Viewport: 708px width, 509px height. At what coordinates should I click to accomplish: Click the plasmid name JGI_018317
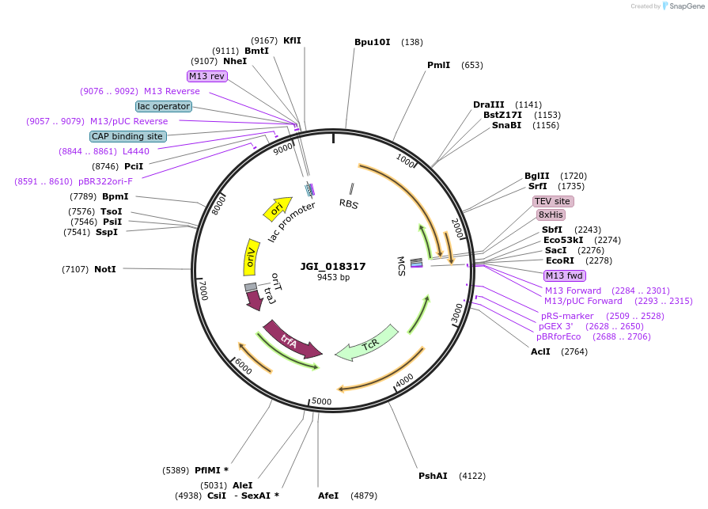pyautogui.click(x=333, y=267)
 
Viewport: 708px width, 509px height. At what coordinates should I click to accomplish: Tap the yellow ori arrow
pyautogui.click(x=277, y=209)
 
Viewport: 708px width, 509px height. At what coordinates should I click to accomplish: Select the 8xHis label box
pyautogui.click(x=551, y=215)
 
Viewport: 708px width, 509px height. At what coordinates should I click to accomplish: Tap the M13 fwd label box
pyautogui.click(x=565, y=275)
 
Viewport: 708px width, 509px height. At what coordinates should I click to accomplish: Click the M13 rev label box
pyautogui.click(x=207, y=76)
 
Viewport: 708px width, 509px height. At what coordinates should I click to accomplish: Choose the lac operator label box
pyautogui.click(x=164, y=106)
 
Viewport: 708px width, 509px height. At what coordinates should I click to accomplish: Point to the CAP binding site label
pyautogui.click(x=127, y=136)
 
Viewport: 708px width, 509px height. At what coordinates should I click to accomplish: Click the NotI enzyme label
pyautogui.click(x=105, y=269)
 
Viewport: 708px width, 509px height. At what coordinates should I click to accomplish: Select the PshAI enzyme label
pyautogui.click(x=433, y=476)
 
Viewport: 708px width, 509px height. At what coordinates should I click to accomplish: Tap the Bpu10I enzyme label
pyautogui.click(x=372, y=42)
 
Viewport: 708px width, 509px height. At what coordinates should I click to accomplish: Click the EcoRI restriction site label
pyautogui.click(x=559, y=260)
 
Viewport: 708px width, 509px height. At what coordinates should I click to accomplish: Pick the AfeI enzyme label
pyautogui.click(x=327, y=496)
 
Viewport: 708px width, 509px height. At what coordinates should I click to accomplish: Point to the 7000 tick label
pyautogui.click(x=203, y=290)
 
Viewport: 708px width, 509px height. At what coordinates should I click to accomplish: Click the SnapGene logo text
pyautogui.click(x=683, y=6)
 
